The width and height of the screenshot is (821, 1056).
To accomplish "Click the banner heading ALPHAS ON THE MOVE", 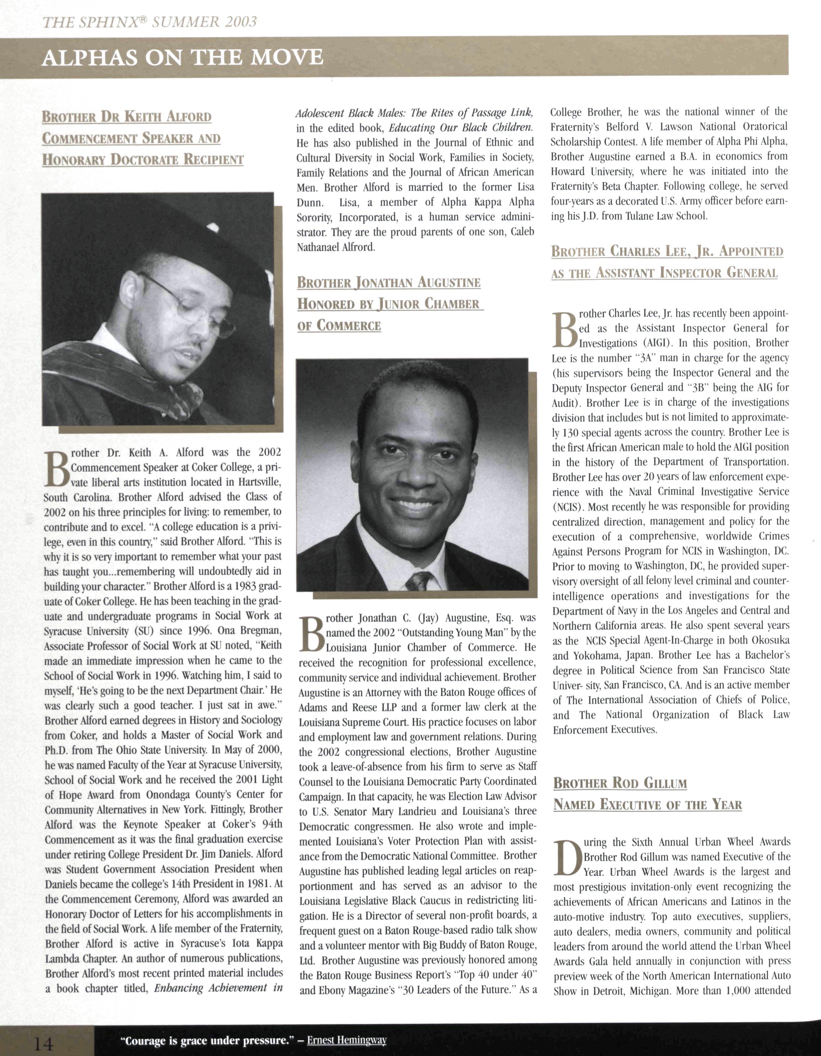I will coord(182,57).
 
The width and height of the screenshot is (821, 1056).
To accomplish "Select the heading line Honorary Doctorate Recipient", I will coord(143,160).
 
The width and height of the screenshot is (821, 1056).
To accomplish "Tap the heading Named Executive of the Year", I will coord(647,805).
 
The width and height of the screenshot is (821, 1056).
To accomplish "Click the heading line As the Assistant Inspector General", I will coord(664,273).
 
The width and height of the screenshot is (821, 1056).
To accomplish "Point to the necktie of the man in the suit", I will coord(419,580).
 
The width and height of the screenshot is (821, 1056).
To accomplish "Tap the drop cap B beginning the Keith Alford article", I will coord(56,469).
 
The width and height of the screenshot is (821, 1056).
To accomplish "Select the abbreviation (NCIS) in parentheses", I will coord(569,507).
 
